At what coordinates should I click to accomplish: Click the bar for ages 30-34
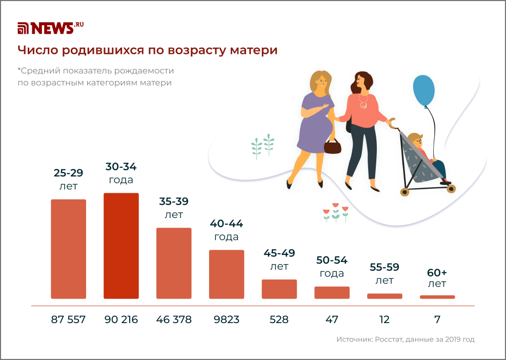coord(121,246)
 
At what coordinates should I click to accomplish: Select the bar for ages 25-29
coord(68,249)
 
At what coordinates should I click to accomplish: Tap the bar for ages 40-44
coord(227,274)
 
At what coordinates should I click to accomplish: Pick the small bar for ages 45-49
coord(279,289)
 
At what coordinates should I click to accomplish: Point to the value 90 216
coord(121,319)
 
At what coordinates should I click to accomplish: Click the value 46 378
coord(174,319)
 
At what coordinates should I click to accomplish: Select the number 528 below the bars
coord(279,319)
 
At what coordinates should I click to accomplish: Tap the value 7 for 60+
coord(437,319)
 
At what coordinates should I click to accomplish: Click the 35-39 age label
coord(174,208)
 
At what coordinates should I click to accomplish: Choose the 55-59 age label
coord(384,273)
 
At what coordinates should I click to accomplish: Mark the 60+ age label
coord(437,277)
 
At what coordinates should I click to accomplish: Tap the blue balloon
coord(423,91)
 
